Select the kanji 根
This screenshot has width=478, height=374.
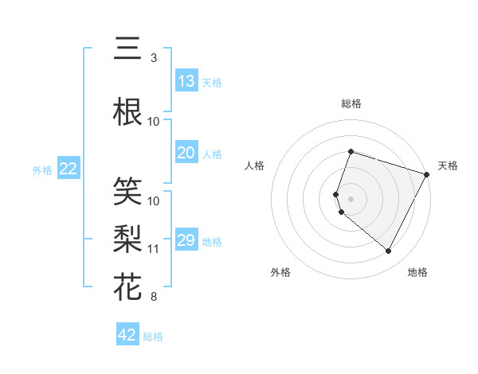127,112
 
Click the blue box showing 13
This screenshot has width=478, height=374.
186,81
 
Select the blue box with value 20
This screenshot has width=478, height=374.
186,153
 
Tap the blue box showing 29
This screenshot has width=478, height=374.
186,240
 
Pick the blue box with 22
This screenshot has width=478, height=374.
69,169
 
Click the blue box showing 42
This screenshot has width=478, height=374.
127,335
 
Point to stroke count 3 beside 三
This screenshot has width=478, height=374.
153,58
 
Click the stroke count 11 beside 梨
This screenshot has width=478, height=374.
154,249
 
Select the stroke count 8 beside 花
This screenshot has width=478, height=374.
153,297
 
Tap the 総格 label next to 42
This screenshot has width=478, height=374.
153,337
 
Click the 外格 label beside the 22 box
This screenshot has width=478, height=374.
42,169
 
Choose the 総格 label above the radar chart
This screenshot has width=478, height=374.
351,103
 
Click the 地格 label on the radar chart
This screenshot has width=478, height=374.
417,272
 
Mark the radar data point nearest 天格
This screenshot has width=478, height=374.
428,175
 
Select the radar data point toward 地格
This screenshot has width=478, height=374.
388,251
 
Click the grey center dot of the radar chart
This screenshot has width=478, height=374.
351,198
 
